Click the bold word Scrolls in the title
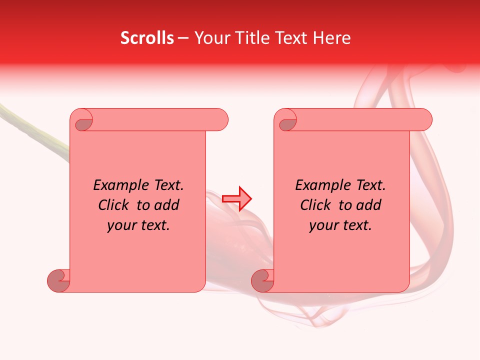pyautogui.click(x=147, y=38)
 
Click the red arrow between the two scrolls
pyautogui.click(x=237, y=198)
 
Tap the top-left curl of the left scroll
pyautogui.click(x=83, y=121)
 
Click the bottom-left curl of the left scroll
pyautogui.click(x=59, y=280)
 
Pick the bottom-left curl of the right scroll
pyautogui.click(x=262, y=280)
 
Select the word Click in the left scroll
pyautogui.click(x=115, y=205)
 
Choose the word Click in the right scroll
pyautogui.click(x=316, y=205)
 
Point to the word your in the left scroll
pyautogui.click(x=121, y=225)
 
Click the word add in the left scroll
pyautogui.click(x=166, y=205)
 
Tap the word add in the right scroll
pyautogui.click(x=368, y=205)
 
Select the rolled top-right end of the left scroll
pyautogui.click(x=220, y=119)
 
